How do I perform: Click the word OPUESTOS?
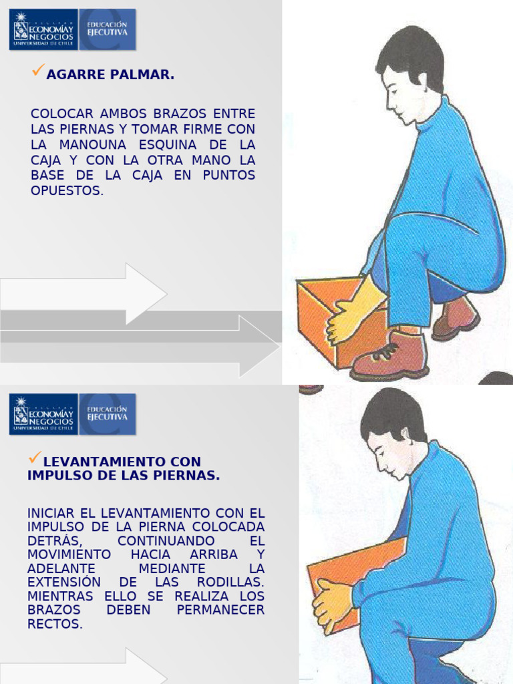point(67,191)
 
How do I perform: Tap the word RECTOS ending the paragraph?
point(55,624)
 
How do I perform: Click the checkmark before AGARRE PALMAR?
point(38,70)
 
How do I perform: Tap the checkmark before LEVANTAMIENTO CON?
point(35,458)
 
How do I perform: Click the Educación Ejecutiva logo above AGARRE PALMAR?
point(108,29)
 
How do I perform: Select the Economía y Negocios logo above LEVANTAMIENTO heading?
point(43,414)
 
